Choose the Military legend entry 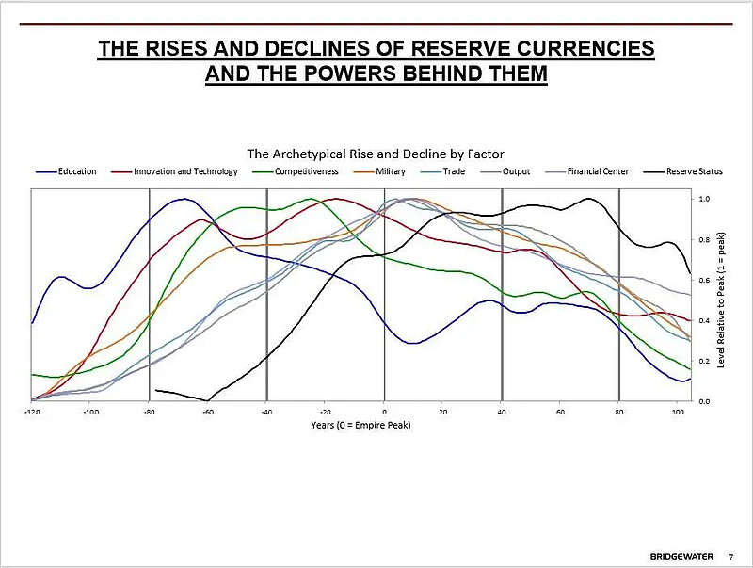(x=390, y=171)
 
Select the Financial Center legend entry (x=598, y=171)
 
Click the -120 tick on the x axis (x=32, y=412)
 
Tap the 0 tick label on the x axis (x=384, y=412)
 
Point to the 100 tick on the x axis (x=677, y=412)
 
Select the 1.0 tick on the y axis (x=704, y=199)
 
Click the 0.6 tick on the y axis (x=704, y=280)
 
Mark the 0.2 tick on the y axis (x=704, y=361)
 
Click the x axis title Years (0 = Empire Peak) (x=360, y=424)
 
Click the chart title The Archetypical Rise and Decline (x=376, y=153)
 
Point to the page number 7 (x=731, y=553)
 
